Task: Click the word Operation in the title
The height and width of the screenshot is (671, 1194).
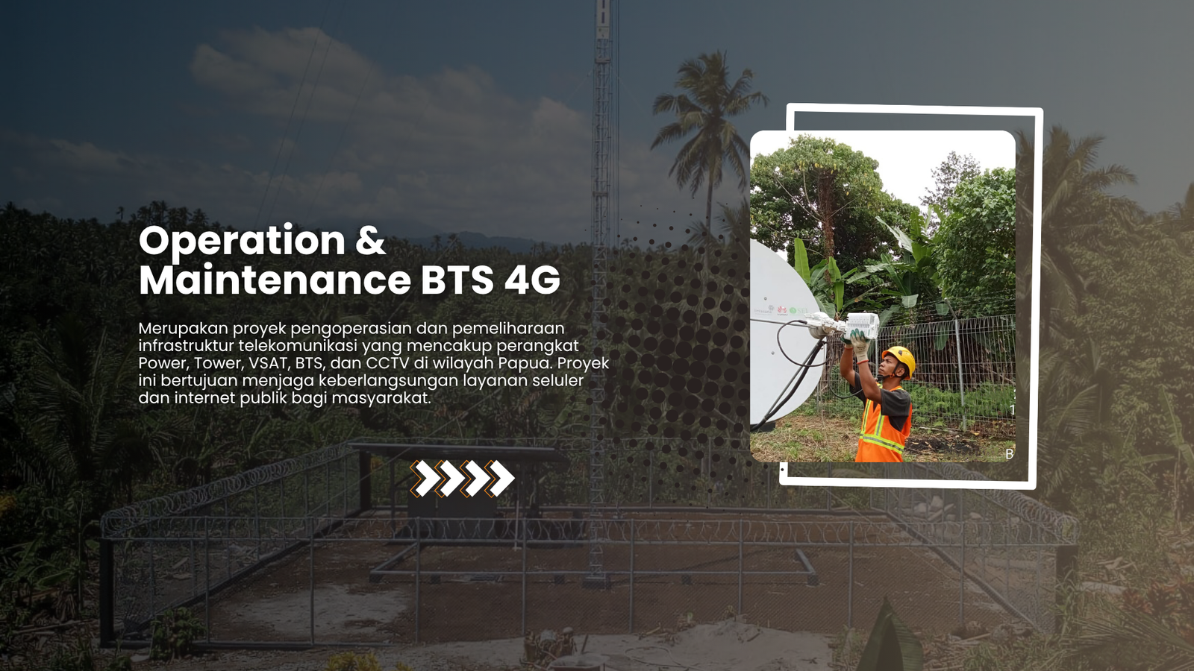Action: click(x=242, y=241)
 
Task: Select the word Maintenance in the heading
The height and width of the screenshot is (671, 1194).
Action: click(x=275, y=280)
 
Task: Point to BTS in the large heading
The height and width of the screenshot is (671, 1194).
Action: click(x=457, y=280)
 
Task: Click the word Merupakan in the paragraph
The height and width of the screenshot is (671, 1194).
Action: click(x=183, y=329)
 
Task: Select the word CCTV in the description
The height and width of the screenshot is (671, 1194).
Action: click(x=387, y=363)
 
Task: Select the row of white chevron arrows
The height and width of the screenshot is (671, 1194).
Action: click(x=462, y=478)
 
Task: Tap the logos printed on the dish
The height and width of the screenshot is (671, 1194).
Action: click(x=781, y=310)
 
